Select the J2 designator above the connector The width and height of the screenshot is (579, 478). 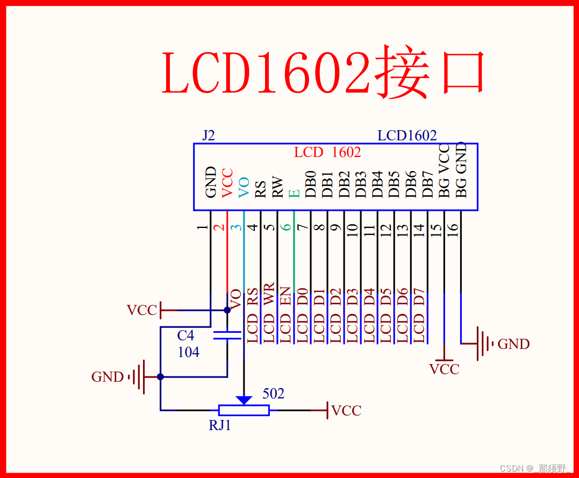point(208,135)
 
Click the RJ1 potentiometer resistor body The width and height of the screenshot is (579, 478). point(244,410)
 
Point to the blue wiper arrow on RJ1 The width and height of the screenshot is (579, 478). point(244,399)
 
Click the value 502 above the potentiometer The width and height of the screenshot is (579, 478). point(273,394)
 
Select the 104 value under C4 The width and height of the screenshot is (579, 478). point(188,352)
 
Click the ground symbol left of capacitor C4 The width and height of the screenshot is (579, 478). point(139,376)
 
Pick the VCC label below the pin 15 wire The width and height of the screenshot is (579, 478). point(444,369)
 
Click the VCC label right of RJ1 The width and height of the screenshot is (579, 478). point(346,411)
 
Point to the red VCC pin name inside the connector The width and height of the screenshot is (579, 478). point(227,183)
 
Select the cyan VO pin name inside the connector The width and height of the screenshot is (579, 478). point(244,187)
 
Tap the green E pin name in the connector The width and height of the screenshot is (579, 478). point(294,192)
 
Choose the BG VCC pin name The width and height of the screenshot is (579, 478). point(444,172)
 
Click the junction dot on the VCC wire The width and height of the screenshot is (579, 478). point(227,310)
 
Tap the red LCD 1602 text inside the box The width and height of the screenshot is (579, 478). point(327,152)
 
